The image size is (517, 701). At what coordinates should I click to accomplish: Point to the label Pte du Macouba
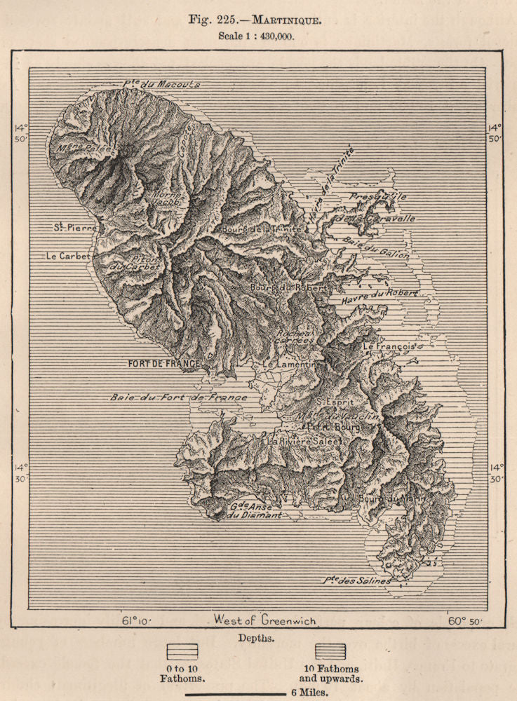pos(162,84)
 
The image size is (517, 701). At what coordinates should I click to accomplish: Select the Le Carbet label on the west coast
pos(68,257)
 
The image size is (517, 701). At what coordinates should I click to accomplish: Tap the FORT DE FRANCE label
pos(163,364)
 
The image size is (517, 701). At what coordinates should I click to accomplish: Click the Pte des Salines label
pos(357,580)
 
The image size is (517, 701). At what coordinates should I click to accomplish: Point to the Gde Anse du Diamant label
pos(256,510)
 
